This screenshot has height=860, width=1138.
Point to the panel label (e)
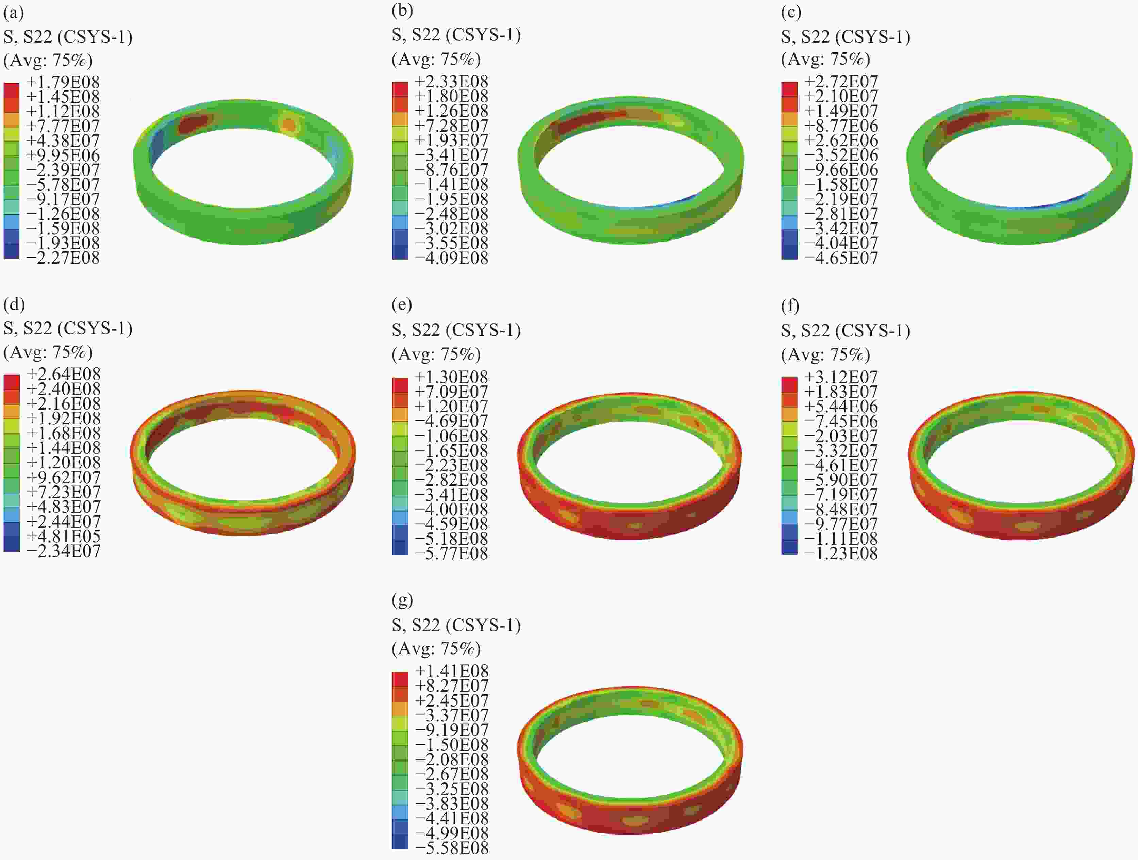point(402,305)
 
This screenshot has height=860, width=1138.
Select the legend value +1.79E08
point(63,82)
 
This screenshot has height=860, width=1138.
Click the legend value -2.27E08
point(63,257)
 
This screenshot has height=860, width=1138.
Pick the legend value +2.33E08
point(452,81)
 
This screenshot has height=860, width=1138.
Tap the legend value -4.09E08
point(452,257)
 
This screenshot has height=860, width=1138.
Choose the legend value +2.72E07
point(841,81)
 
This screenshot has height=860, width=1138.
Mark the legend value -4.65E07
point(841,257)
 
